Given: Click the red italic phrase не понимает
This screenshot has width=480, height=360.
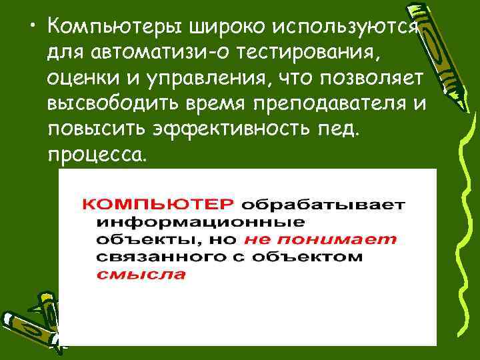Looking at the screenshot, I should pyautogui.click(x=320, y=239).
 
